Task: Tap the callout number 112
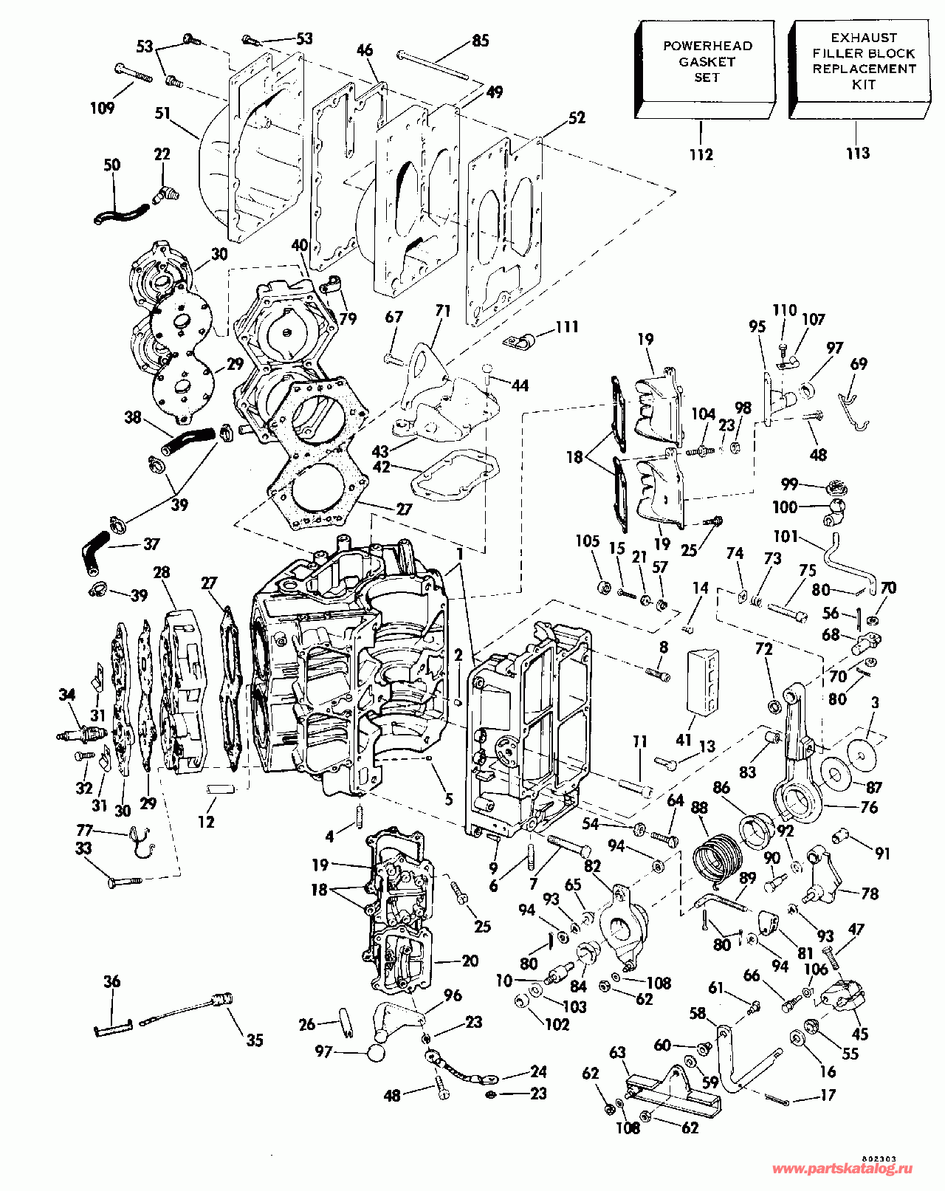tap(701, 154)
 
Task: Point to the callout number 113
tap(857, 154)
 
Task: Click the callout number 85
tap(480, 41)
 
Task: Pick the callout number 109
tap(102, 108)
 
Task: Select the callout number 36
tap(111, 981)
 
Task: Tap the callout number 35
tap(255, 1040)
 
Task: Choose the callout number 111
tap(567, 326)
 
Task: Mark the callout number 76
tap(870, 808)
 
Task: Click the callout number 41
tap(684, 739)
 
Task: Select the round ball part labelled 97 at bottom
tap(377, 1051)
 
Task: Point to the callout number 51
tap(162, 114)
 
